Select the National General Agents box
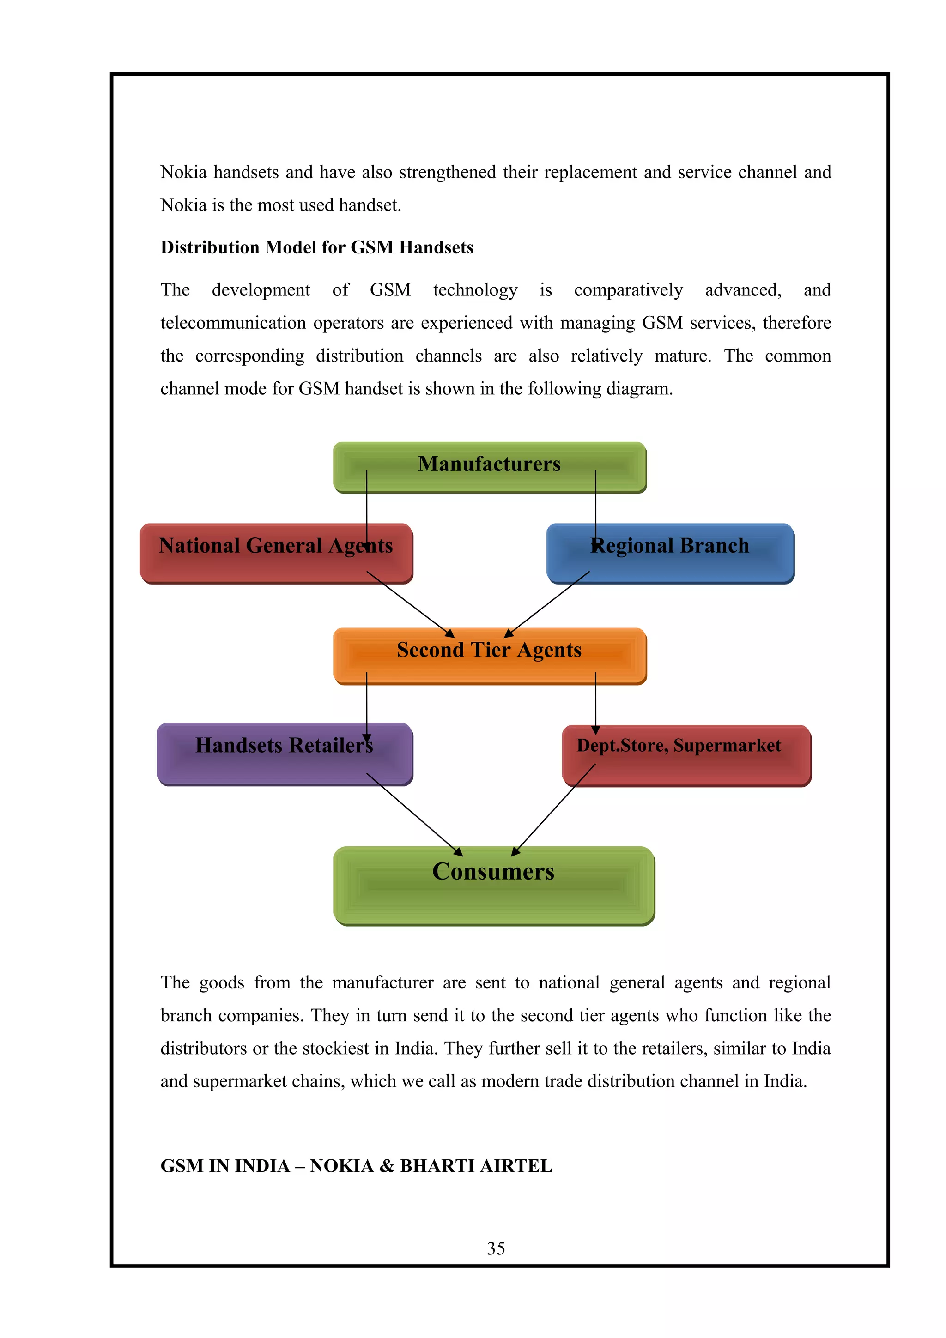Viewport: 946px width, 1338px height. click(x=276, y=554)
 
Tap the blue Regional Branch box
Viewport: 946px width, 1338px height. click(x=670, y=554)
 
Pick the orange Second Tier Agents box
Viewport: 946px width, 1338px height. click(x=490, y=656)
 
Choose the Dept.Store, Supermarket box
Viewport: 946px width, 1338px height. click(x=686, y=755)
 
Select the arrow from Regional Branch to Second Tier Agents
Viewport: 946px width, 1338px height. click(x=547, y=604)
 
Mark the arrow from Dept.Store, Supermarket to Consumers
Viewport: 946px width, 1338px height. click(x=553, y=809)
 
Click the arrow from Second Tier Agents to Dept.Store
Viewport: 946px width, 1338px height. click(x=595, y=702)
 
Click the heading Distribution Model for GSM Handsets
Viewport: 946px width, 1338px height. click(x=317, y=247)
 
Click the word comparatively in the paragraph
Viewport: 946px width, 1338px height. click(x=628, y=290)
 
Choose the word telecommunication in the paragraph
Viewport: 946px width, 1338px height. click(x=233, y=323)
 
